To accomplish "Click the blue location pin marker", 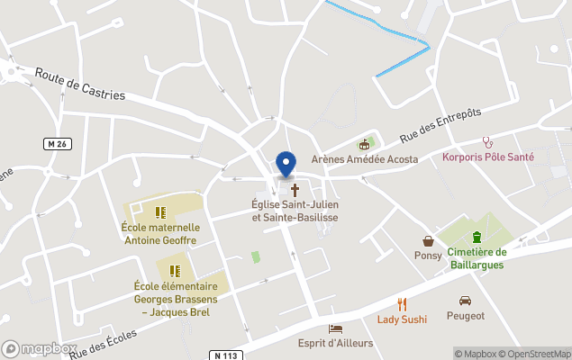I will coord(286,165).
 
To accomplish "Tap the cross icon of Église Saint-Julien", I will coord(295,191).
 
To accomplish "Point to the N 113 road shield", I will coord(229,355).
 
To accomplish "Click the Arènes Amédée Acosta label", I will coord(365,159).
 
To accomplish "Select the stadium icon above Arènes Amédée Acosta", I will coord(365,144).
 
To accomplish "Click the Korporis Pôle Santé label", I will coord(488,157).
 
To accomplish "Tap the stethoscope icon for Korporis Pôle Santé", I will coord(488,141).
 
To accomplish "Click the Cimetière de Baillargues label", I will coord(477,258).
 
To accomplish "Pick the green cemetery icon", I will coord(477,238).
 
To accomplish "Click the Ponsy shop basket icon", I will coord(428,241).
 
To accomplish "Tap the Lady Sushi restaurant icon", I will coord(402,304).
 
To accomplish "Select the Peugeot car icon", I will coord(465,301).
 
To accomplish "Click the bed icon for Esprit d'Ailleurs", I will coord(336,328).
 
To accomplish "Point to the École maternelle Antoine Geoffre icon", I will coord(160,212).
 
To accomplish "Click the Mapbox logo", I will coord(40,348).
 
